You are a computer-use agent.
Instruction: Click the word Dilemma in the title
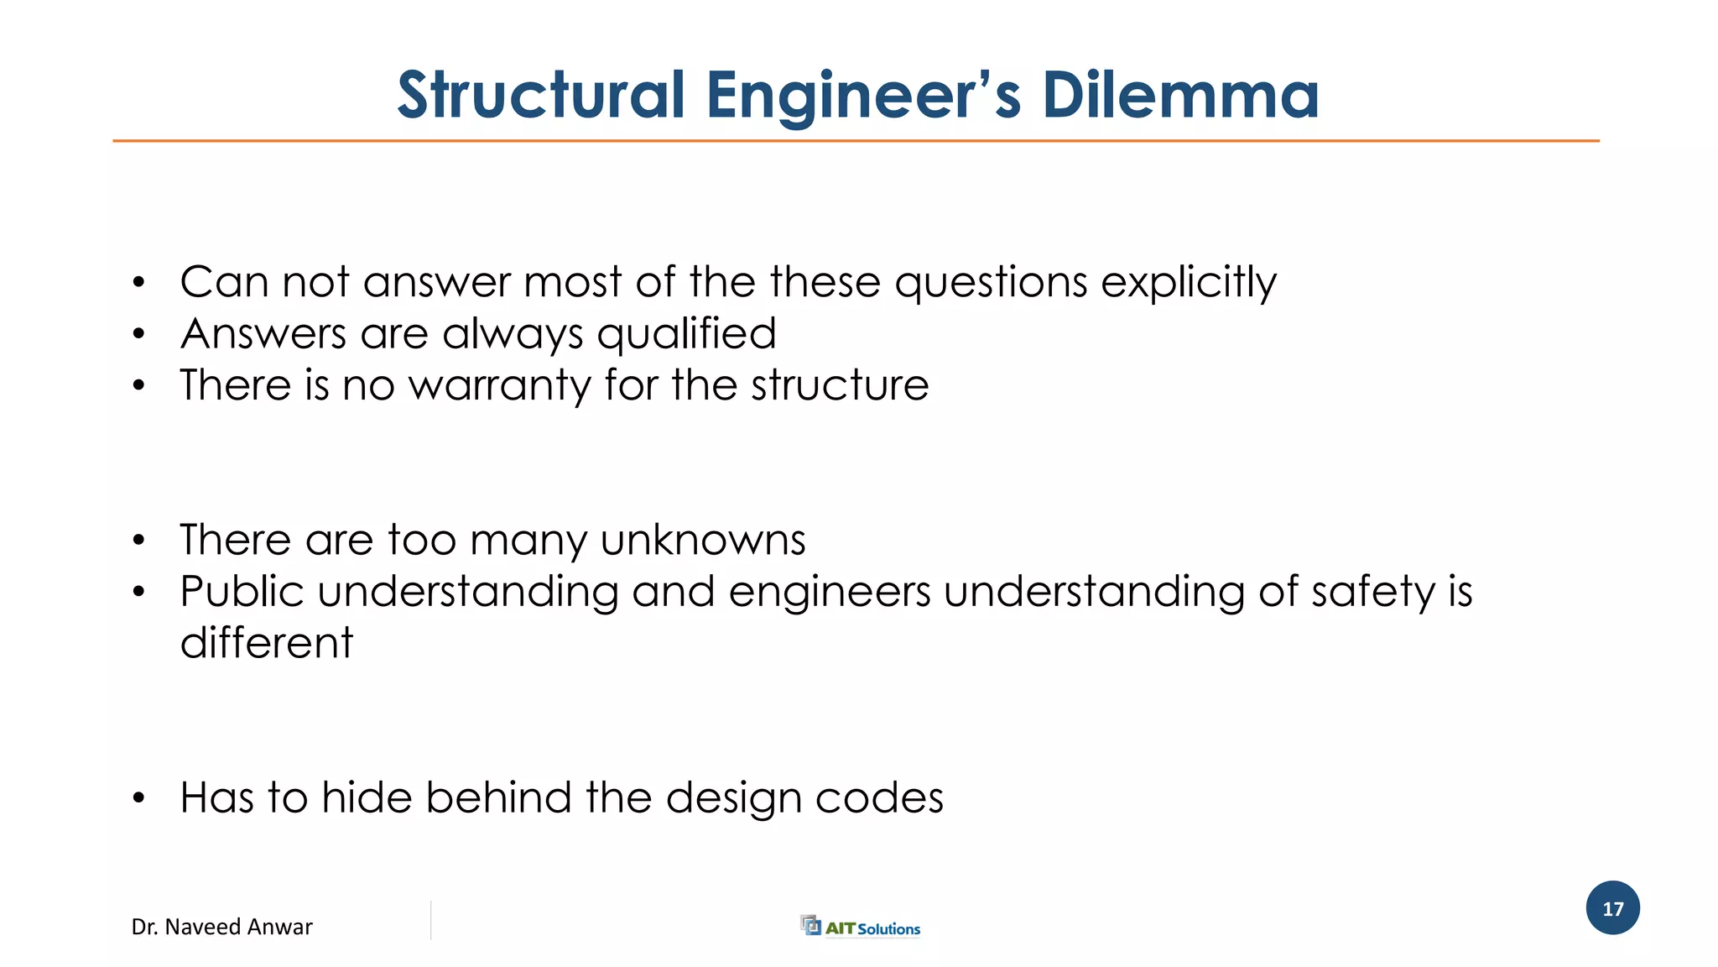pos(1180,95)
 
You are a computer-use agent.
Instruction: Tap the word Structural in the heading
pos(541,95)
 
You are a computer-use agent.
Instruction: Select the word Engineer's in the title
pos(863,95)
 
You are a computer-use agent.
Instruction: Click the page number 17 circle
pos(1612,908)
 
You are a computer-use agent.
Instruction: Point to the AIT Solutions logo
pos(861,927)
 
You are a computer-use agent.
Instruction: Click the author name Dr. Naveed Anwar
pos(221,927)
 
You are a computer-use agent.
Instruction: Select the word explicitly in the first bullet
pos(1189,283)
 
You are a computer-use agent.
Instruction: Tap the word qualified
pos(686,335)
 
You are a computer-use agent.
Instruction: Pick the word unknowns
pos(703,540)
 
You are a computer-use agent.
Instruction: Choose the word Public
pos(242,592)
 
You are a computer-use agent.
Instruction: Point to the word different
pos(267,644)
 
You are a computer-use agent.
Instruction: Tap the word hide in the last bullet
pos(367,797)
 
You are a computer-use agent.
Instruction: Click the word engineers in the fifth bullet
pos(829,593)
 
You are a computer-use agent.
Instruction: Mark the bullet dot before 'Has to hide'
pos(139,798)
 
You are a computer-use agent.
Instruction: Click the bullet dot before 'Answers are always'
pos(139,335)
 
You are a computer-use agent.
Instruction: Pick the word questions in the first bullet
pos(991,283)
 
